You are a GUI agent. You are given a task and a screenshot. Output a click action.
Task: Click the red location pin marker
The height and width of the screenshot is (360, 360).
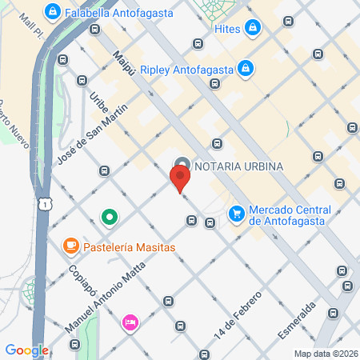pos(180,176)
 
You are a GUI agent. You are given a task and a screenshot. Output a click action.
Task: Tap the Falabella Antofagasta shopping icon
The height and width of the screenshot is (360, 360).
pos(53,12)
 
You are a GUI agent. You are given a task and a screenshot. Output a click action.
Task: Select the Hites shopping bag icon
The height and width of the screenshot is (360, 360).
pos(254,29)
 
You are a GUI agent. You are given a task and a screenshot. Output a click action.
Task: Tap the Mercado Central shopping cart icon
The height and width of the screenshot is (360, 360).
pos(236,214)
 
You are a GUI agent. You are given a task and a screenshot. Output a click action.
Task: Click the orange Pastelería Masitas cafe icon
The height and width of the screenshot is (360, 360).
pos(70,246)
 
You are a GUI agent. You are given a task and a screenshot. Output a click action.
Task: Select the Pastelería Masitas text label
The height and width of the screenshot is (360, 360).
pos(128,247)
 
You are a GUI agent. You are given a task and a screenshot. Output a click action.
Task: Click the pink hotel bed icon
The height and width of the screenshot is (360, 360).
pos(129,322)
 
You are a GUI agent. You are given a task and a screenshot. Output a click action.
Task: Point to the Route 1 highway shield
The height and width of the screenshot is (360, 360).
pos(47,206)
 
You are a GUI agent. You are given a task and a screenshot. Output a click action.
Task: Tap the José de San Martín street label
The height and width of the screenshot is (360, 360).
pos(93,139)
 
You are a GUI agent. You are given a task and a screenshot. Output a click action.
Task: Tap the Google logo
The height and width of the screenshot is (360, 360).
pos(26,350)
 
